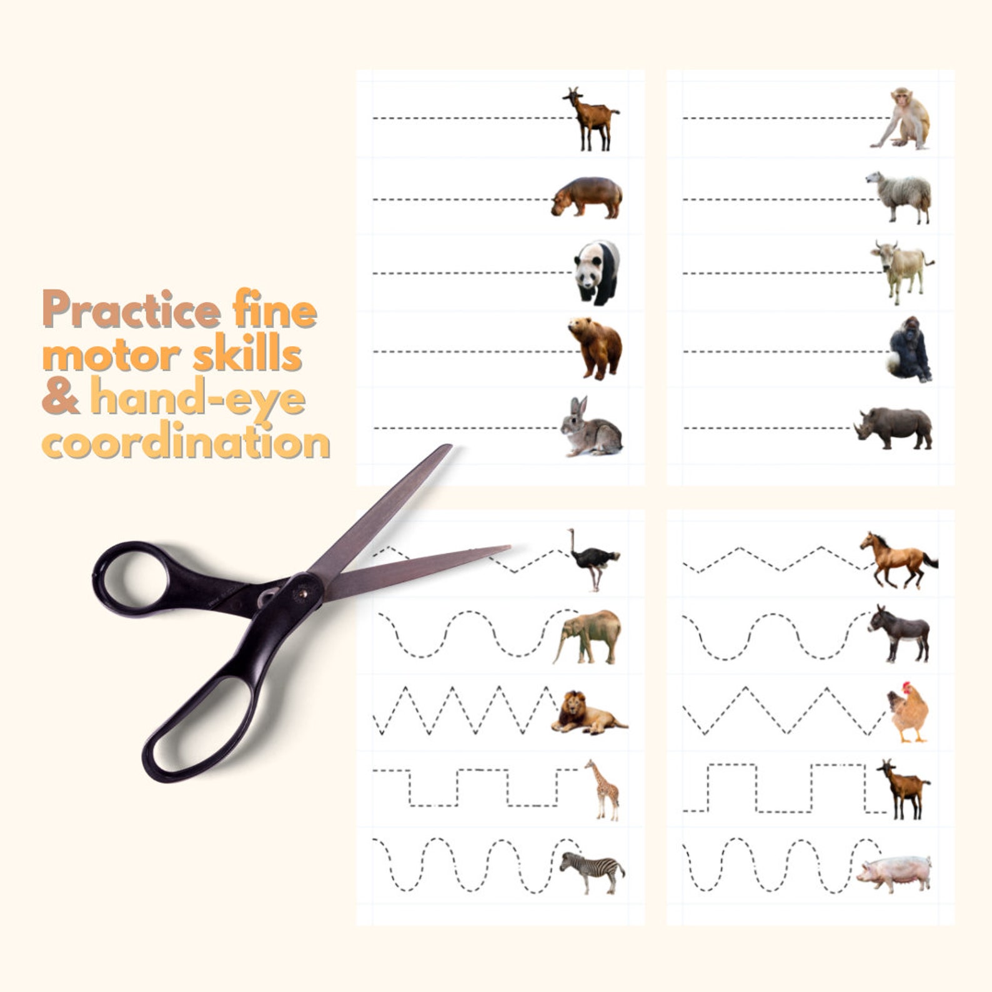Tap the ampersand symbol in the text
(61, 397)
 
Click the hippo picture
(587, 196)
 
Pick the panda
(597, 272)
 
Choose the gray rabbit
(591, 429)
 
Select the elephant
(588, 636)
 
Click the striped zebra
(592, 870)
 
